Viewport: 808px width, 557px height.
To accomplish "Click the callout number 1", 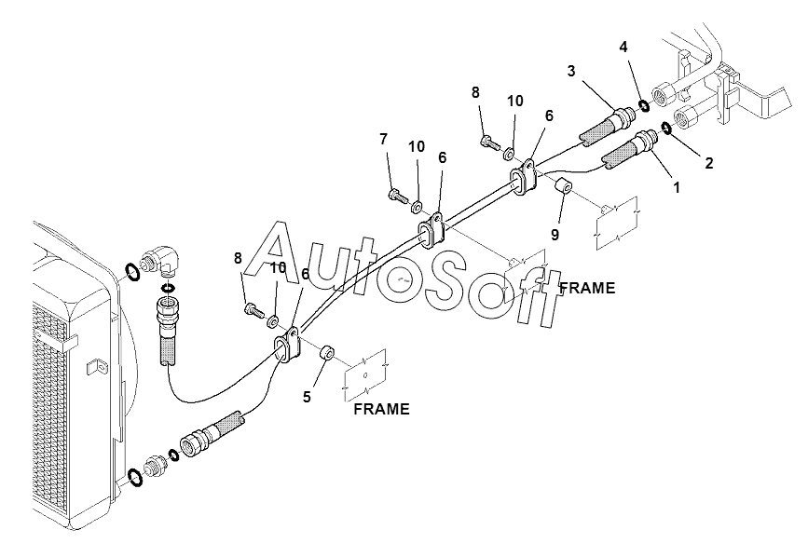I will point(677,186).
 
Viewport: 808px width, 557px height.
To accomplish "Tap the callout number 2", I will point(709,163).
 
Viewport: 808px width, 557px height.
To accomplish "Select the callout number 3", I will point(571,70).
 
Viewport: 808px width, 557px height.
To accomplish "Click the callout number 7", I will point(383,140).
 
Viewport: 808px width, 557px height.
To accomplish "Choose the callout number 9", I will point(555,235).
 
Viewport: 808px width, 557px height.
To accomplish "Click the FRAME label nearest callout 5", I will point(381,409).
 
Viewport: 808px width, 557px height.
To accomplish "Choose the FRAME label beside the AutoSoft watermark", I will point(586,289).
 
